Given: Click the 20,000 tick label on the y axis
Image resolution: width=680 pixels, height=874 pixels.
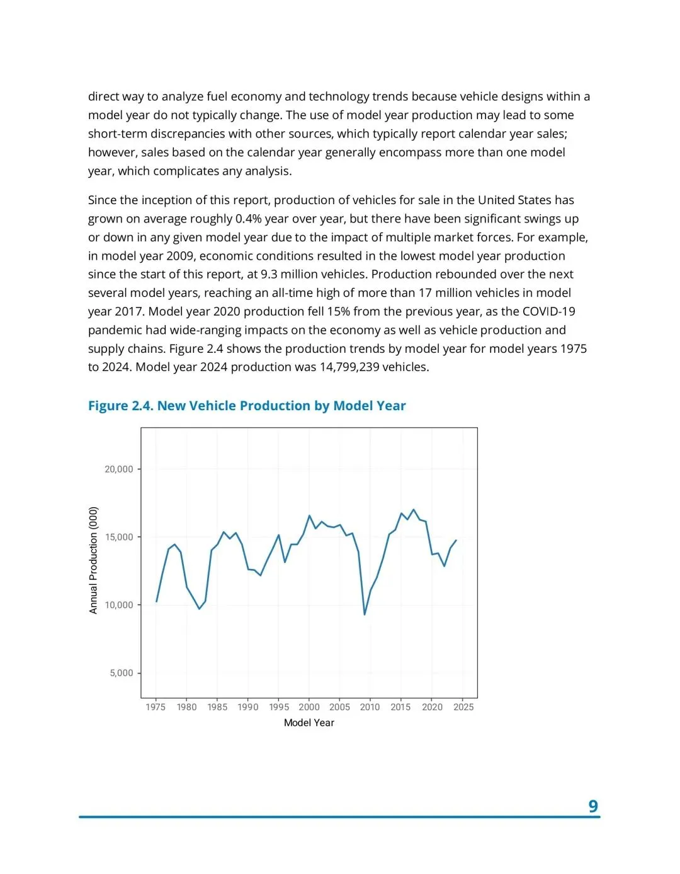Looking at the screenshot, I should [118, 469].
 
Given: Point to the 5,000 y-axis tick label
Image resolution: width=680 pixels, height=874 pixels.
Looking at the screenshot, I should [121, 673].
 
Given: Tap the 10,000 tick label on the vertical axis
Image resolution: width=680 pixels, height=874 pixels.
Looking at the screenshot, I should [118, 605].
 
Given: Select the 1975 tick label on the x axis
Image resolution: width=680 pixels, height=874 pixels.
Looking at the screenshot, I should [156, 707].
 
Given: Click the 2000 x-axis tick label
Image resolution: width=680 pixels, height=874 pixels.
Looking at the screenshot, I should [309, 707].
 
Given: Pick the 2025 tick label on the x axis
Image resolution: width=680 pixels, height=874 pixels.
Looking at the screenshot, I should [463, 707].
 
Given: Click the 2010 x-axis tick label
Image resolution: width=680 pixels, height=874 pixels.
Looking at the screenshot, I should [370, 707].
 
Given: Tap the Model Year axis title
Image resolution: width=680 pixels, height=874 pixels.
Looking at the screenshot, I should [309, 723].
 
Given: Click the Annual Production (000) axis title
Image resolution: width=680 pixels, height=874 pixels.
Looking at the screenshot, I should [94, 560].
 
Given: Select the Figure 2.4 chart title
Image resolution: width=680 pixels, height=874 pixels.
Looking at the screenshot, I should [247, 406].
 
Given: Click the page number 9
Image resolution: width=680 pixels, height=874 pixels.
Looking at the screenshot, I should [592, 806].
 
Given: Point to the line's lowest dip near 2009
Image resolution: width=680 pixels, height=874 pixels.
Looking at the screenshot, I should [365, 614].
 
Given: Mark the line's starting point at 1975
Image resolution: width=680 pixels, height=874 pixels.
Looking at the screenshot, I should [156, 602].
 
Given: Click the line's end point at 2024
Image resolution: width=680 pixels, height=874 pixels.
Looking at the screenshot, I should [456, 540].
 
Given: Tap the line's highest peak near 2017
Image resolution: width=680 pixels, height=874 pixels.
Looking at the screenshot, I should [413, 510].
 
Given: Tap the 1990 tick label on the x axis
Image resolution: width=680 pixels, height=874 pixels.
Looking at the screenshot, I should [248, 707].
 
